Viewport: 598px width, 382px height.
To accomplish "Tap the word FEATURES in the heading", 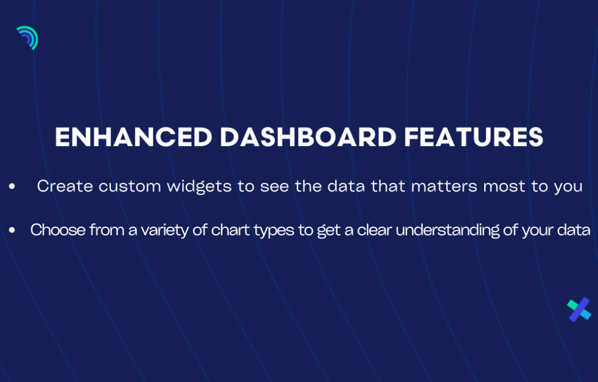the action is (x=474, y=137).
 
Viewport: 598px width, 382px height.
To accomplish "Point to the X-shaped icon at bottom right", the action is (x=579, y=310).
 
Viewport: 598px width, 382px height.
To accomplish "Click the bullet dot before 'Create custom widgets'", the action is (x=12, y=186).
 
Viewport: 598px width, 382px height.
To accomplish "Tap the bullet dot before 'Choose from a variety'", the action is (x=12, y=230).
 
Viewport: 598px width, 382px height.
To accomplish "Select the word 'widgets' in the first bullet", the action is (x=200, y=186).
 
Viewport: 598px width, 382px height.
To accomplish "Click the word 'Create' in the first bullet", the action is (x=65, y=186).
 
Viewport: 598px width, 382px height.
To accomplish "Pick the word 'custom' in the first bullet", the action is (x=130, y=186).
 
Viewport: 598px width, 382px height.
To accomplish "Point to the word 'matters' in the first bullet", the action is (x=444, y=186).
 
